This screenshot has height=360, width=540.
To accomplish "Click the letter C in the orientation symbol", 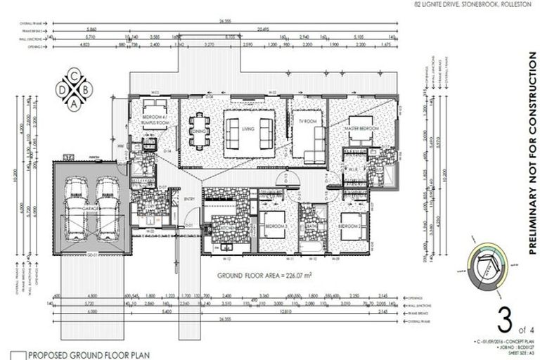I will click(x=74, y=76).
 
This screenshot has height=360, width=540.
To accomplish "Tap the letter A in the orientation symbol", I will click(x=74, y=103).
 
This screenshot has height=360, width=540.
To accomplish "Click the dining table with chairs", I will click(x=198, y=131).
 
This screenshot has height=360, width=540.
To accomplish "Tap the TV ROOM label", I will click(x=302, y=119).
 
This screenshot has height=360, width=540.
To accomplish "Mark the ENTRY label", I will click(x=188, y=200).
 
